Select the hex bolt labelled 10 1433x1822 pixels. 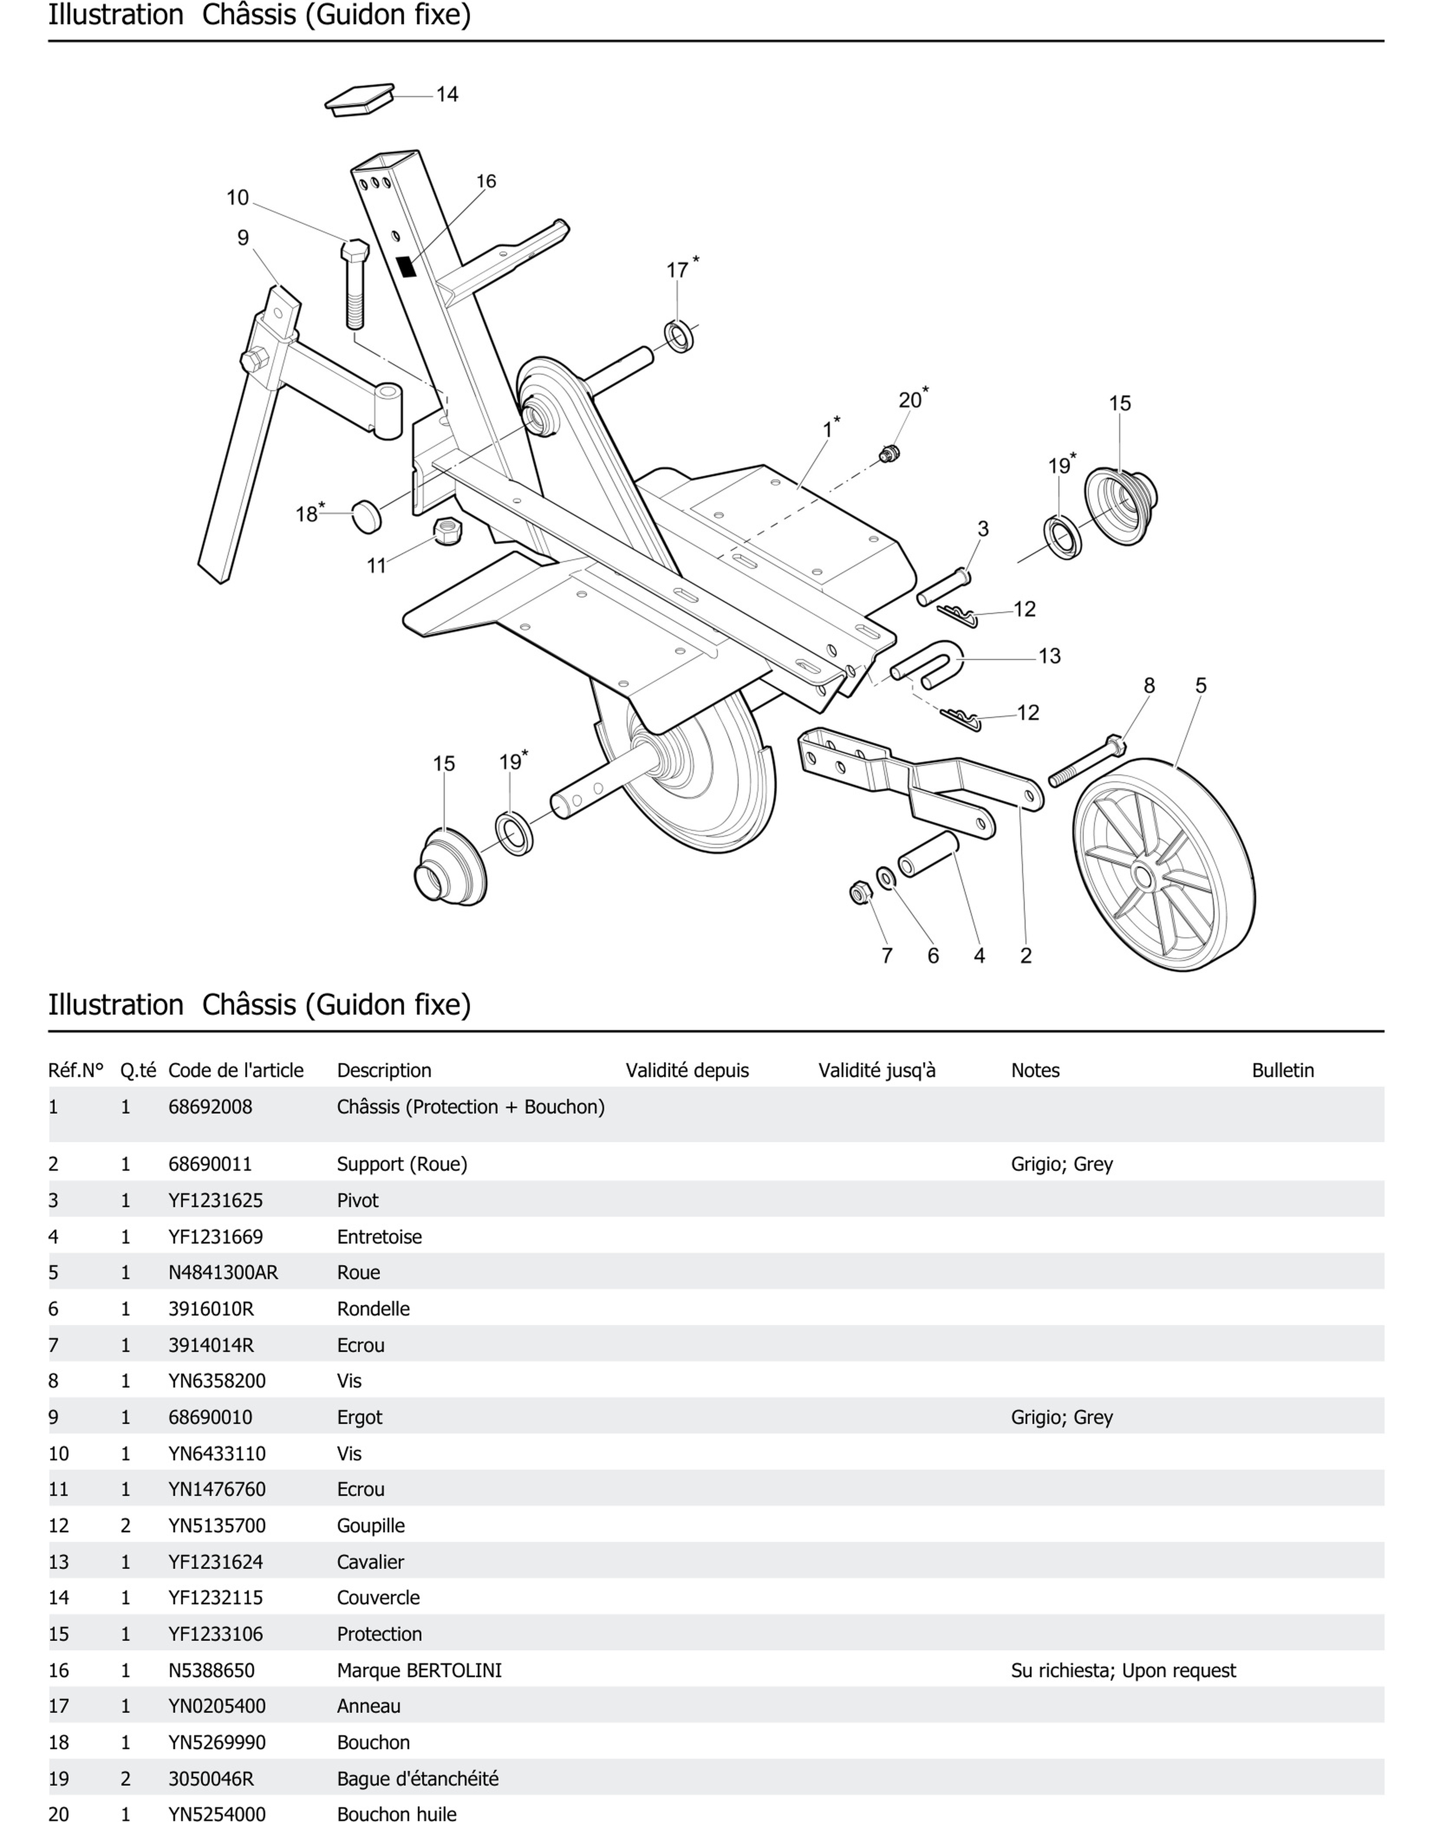pos(355,285)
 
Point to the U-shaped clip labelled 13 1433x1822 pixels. pos(927,663)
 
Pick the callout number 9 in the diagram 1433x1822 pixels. pos(243,238)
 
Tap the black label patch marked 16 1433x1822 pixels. pos(407,267)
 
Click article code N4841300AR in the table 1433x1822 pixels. pos(223,1272)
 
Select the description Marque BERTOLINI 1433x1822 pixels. pos(419,1670)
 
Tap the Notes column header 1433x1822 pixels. pos(1035,1070)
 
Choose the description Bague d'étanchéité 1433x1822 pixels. pos(417,1778)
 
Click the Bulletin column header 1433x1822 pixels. pos(1282,1070)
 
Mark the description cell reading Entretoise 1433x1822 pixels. pos(379,1236)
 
